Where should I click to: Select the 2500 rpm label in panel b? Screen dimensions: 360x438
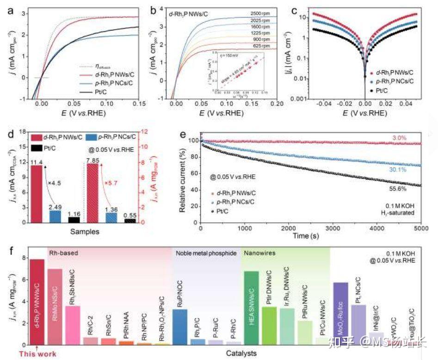point(262,13)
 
